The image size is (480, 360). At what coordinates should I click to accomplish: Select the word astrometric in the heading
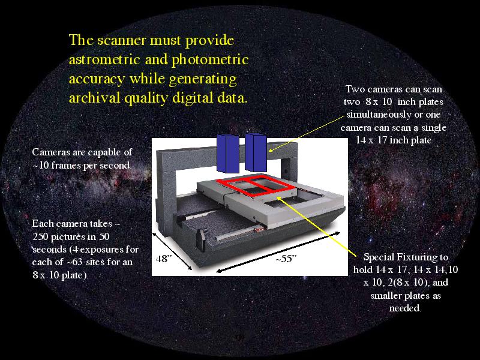tap(104, 59)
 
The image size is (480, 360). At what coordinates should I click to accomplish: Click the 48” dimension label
tap(162, 259)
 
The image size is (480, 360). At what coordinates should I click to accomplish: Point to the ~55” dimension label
tap(286, 259)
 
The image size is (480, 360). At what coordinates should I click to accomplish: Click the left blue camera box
tap(228, 154)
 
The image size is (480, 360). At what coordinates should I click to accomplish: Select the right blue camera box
tap(256, 152)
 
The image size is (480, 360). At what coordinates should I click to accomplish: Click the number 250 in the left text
tap(40, 236)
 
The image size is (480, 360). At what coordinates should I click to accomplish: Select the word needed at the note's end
tap(405, 308)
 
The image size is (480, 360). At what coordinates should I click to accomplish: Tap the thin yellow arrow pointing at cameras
tap(307, 134)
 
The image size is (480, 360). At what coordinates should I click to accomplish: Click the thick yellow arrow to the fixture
tap(316, 226)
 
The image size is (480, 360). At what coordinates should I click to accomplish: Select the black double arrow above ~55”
tap(278, 252)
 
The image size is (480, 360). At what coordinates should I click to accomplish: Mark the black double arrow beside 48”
tap(172, 251)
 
